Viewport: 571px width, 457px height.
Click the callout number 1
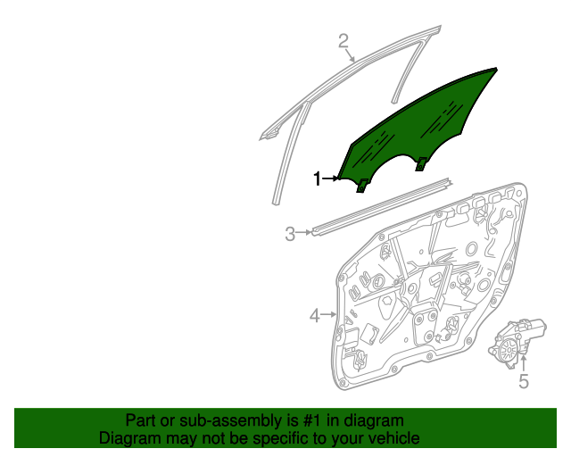318,179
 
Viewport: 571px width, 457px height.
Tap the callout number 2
343,41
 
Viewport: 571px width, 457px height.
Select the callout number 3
290,234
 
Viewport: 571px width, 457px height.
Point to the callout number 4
315,315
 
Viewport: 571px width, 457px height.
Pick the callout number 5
524,381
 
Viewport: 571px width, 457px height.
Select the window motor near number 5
517,343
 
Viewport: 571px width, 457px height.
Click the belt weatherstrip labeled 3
381,207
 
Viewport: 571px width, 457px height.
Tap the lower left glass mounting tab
361,186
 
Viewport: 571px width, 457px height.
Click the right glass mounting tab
422,164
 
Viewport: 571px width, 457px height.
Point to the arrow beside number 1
331,179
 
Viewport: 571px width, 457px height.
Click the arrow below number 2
350,55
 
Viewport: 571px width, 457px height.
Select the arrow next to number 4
329,314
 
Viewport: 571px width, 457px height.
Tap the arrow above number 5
524,363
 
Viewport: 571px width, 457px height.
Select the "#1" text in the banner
312,420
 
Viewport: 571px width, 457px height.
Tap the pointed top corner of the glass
497,68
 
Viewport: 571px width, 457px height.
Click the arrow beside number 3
303,232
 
